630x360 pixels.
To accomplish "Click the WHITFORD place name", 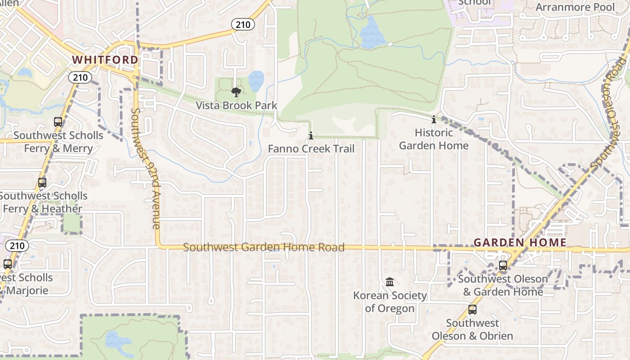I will click(x=105, y=60).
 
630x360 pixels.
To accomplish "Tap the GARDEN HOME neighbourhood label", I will click(x=520, y=243).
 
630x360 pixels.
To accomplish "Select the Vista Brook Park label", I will click(x=236, y=105).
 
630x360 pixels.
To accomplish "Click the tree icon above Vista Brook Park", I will click(x=235, y=93).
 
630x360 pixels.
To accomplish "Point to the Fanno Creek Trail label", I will click(x=311, y=148).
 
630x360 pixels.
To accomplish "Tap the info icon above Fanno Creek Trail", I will click(x=310, y=135).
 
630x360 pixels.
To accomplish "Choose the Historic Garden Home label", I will click(x=434, y=139).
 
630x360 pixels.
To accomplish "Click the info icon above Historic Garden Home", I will click(x=434, y=120).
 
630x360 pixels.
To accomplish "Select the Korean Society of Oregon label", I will click(x=390, y=302).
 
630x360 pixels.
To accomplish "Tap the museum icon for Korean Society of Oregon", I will click(x=390, y=282).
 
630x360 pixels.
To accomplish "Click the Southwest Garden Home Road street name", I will click(x=264, y=247).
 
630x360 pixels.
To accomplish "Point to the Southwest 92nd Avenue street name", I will click(x=145, y=169).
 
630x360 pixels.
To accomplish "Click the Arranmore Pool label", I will click(x=575, y=7).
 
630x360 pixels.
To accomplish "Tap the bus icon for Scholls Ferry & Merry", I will click(x=58, y=122).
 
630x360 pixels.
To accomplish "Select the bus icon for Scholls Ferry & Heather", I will click(x=42, y=183).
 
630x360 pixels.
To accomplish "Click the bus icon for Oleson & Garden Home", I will click(x=503, y=265).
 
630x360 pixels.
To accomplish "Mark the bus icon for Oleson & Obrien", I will click(x=472, y=310).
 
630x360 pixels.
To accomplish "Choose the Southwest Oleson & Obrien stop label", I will click(x=472, y=329).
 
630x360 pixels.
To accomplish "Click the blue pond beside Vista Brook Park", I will click(x=256, y=81).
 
